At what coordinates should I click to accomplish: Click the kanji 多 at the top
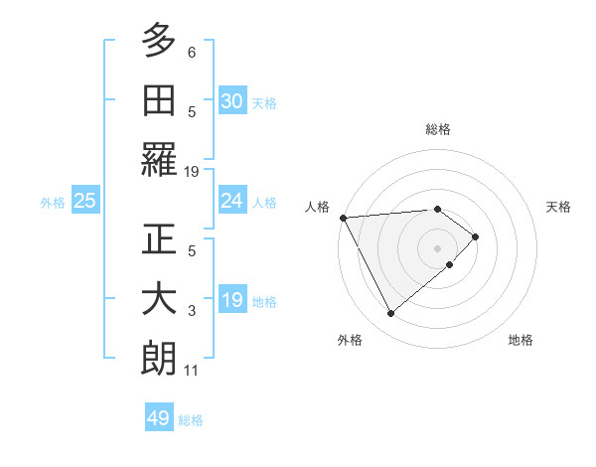coord(159,43)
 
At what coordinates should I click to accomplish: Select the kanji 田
coord(159,102)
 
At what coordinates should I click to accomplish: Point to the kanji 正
coord(159,240)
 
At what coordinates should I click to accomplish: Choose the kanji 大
coord(159,300)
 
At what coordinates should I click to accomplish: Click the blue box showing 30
coord(231,100)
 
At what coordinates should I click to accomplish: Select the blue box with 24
coord(231,201)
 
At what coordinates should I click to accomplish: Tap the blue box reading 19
coord(231,300)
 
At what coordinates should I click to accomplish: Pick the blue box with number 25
coord(84,201)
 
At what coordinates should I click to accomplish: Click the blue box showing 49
coord(159,418)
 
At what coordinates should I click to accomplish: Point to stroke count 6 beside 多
coord(192,53)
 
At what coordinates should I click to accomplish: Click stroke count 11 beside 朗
coord(192,372)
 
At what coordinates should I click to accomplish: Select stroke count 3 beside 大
coord(192,311)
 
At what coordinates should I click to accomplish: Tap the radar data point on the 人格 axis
coord(343,217)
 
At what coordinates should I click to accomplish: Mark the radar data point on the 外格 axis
coord(390,314)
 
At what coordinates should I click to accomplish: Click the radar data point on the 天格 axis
coord(476,236)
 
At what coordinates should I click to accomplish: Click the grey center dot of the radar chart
coord(437,247)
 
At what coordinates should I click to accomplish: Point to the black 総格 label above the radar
coord(437,129)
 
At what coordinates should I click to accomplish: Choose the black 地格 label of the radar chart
coord(521,340)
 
